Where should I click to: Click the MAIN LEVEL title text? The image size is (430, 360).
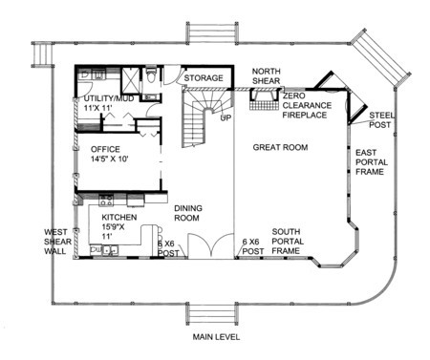pos(216,337)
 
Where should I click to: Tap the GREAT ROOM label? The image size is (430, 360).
pos(280,147)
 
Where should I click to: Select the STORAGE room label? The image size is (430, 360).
pos(204,78)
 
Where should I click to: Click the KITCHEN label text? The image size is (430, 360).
pos(119,218)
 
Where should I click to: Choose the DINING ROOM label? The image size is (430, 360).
pos(188,213)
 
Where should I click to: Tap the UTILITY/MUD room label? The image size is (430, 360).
pos(109,103)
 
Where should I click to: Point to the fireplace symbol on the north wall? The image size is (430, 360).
pos(263,99)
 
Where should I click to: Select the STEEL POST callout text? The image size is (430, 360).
pos(381,120)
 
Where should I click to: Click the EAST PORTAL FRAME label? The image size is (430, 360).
pos(372,162)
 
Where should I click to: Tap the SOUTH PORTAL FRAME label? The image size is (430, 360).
pos(288,242)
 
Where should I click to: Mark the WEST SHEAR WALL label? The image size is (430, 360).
pos(57,242)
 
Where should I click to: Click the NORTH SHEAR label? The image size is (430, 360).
pos(267,76)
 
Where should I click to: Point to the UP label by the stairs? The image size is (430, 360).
pos(226,118)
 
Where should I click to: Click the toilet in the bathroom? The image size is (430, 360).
pos(151,75)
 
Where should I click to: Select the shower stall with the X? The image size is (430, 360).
pos(131,80)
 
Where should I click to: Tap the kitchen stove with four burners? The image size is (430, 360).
pos(106,201)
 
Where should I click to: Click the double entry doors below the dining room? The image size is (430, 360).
pos(210,245)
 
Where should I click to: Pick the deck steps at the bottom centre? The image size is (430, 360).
pos(211,314)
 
